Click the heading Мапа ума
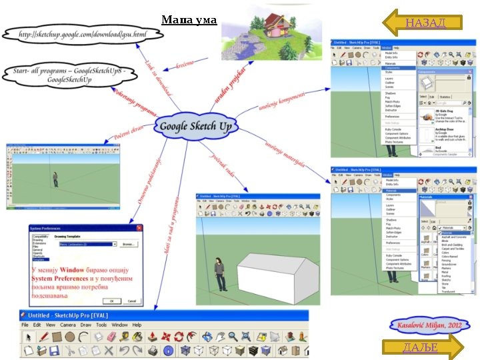(189, 20)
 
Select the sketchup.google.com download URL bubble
(82, 33)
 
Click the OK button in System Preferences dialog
(111, 300)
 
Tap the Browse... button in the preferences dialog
(128, 244)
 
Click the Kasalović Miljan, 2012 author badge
(425, 327)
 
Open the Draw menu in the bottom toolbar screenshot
(86, 325)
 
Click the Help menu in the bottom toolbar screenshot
(136, 325)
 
